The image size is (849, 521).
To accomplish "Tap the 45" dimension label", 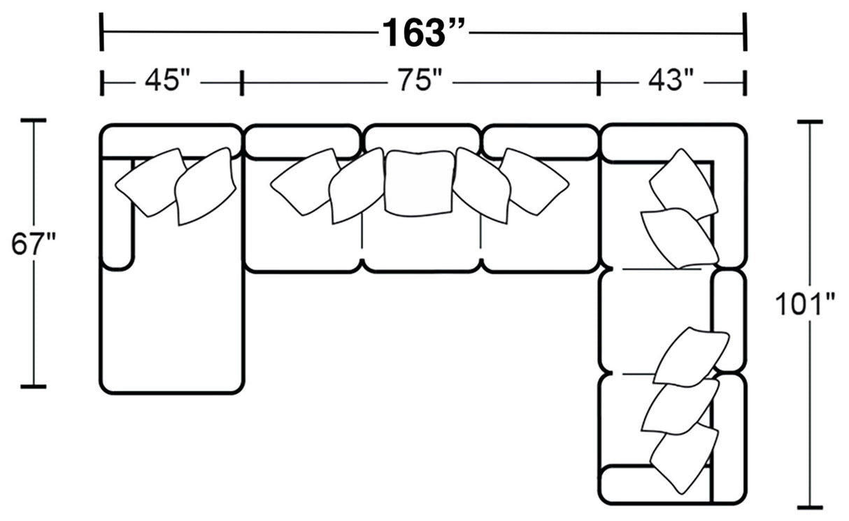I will pos(168,82).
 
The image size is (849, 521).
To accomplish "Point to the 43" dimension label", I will pos(665,82).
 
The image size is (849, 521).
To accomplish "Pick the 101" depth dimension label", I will pos(805,305).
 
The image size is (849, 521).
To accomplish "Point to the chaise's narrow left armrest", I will pos(117,213).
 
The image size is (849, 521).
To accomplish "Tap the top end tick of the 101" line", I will pos(810,122).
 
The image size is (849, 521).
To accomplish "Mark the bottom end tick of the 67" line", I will pos(33,385).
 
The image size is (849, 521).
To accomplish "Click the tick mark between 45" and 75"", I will pos(241,83).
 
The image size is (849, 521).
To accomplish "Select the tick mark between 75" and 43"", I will pos(599,83).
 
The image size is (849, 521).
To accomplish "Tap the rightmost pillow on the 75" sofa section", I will pos(534,180).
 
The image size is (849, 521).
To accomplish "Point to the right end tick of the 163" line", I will pos(745,32).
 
